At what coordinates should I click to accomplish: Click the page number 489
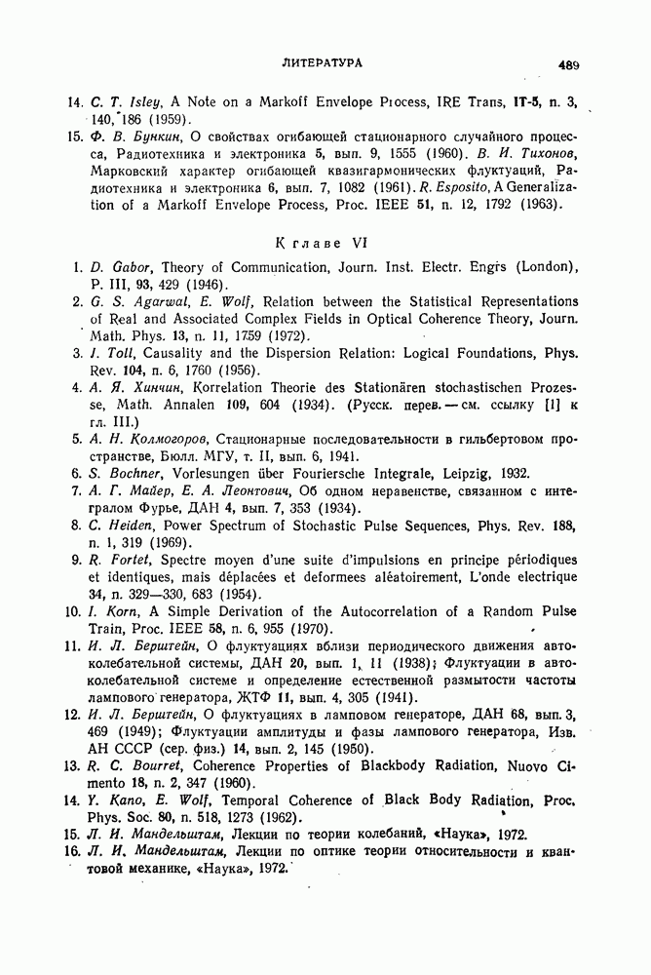pos(569,64)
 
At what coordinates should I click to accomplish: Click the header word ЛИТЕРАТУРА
pos(322,62)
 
